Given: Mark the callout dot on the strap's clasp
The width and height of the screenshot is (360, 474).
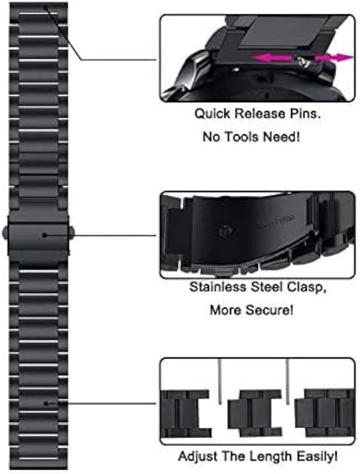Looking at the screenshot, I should click(x=44, y=235).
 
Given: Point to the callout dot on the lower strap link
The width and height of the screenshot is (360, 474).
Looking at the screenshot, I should click(x=46, y=403).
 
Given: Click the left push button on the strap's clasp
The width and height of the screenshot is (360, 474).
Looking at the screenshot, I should click(x=5, y=232).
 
